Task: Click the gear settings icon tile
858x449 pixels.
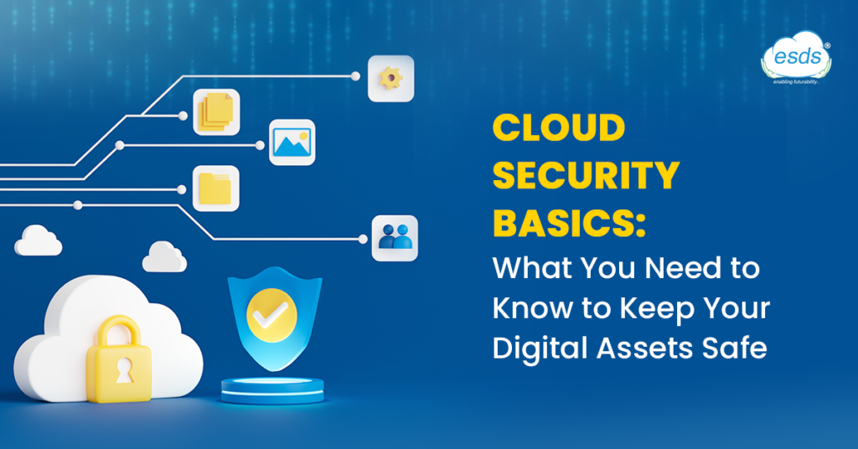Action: [x=390, y=79]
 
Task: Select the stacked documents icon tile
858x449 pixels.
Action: [x=216, y=112]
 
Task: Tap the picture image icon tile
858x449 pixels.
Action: [x=292, y=142]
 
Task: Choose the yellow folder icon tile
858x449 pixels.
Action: [x=216, y=188]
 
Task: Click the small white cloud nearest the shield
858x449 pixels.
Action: [x=164, y=257]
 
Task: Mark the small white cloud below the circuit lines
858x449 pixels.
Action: [x=39, y=240]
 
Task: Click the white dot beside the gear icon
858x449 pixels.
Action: [x=355, y=76]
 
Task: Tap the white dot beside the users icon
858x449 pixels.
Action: [x=362, y=239]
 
